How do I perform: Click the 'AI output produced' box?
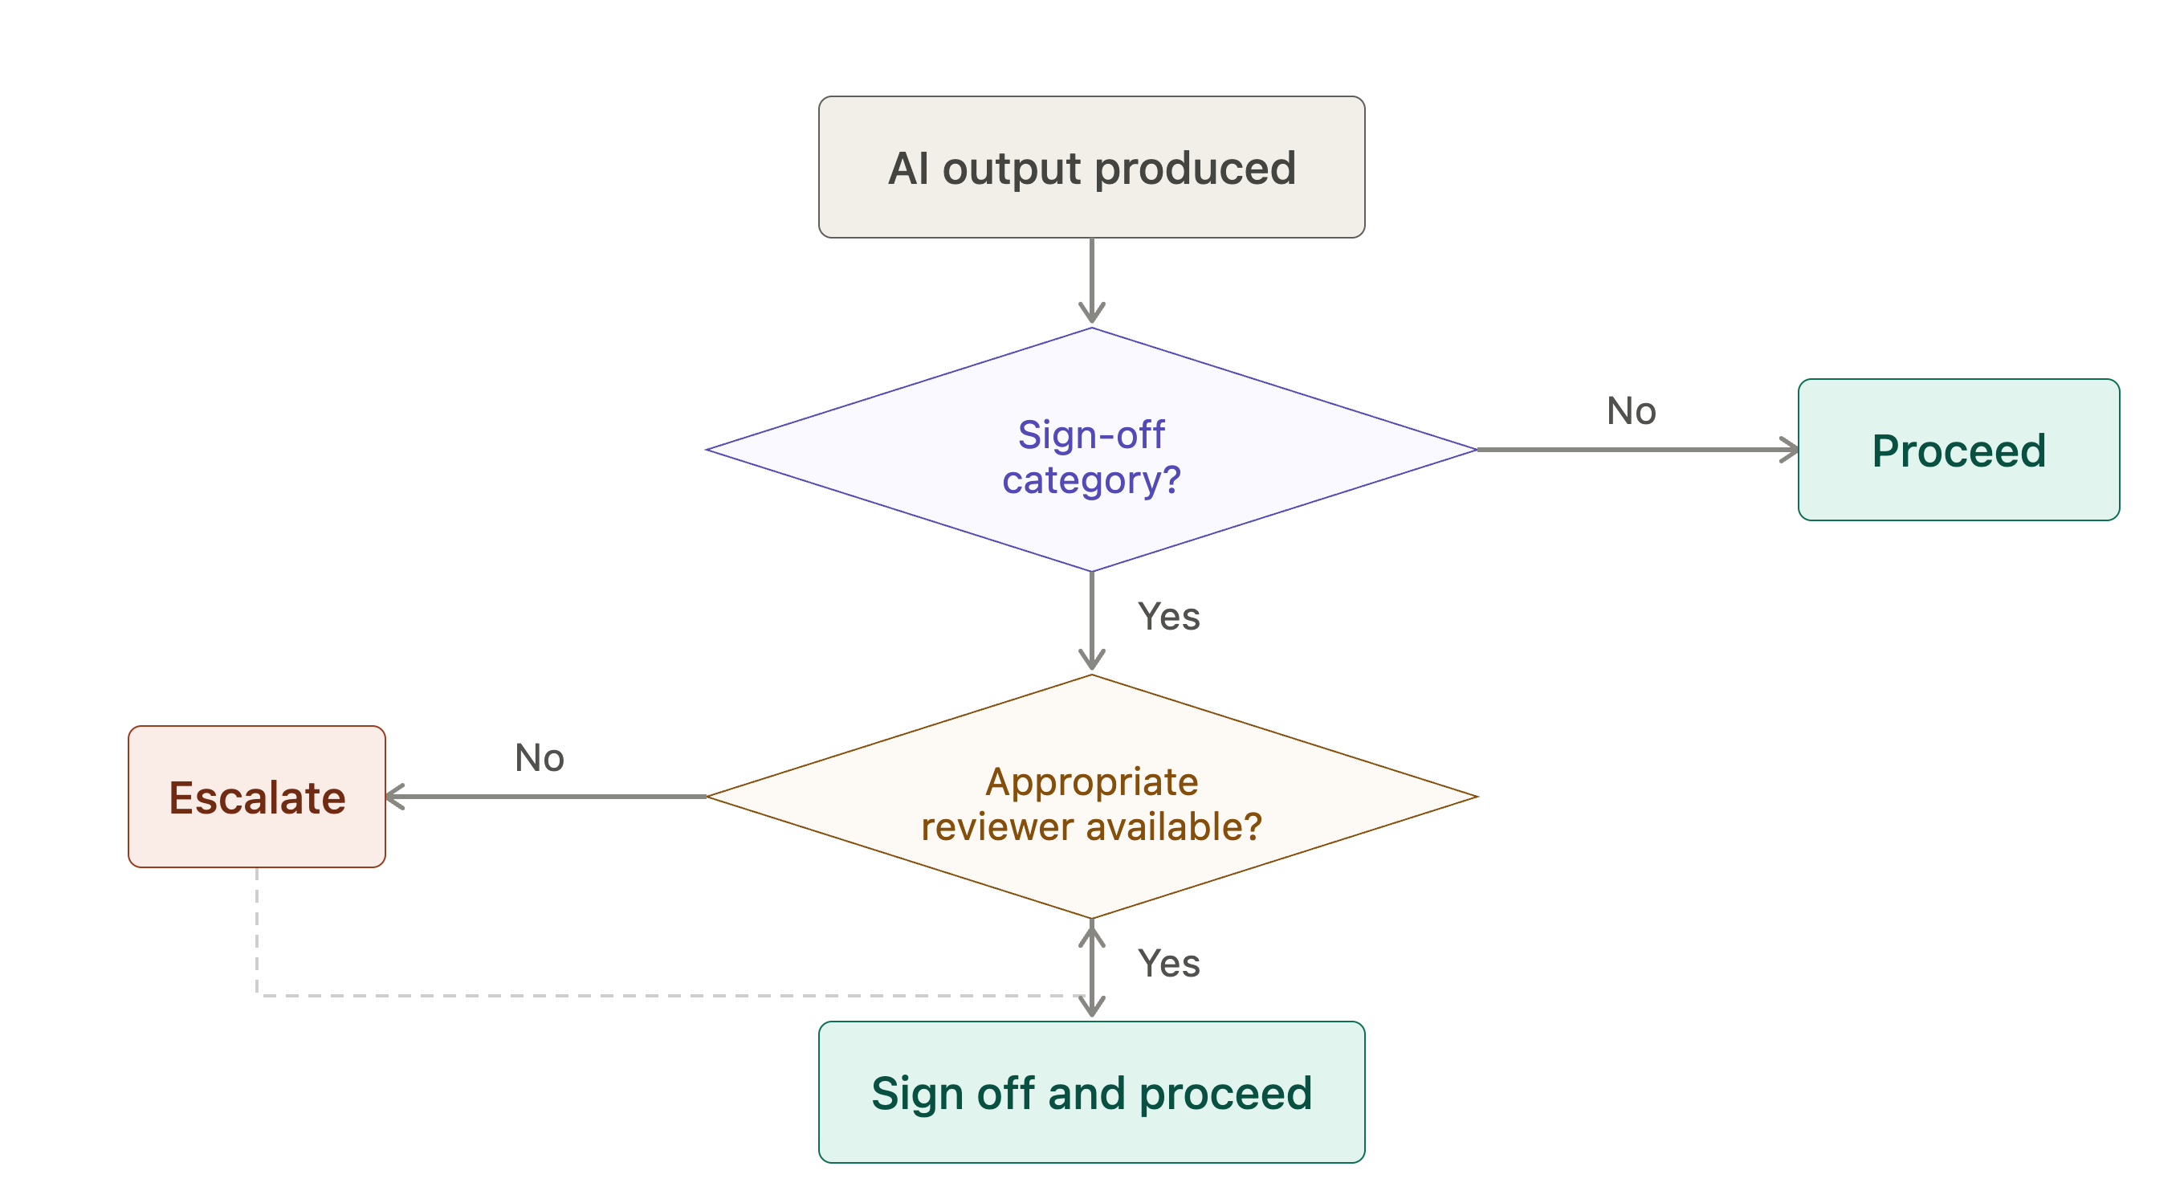tap(1091, 167)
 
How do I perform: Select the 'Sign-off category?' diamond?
tap(1091, 450)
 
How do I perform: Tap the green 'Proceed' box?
tap(1958, 450)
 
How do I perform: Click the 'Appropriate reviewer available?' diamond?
tap(1091, 797)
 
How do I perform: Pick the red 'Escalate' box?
tap(257, 797)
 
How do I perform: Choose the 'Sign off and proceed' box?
tap(1091, 1092)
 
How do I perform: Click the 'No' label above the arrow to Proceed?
tap(1632, 411)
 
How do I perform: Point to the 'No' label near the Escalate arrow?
tap(540, 758)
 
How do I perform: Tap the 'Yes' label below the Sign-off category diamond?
tap(1168, 617)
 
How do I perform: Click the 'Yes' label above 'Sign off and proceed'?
tap(1168, 964)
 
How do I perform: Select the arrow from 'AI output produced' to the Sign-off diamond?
tap(1091, 281)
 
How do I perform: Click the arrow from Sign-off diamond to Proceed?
tap(1637, 450)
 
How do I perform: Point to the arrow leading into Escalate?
tap(546, 797)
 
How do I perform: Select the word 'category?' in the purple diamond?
tap(1091, 481)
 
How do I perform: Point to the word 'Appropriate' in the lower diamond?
tap(1091, 782)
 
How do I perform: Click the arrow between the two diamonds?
tap(1091, 622)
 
